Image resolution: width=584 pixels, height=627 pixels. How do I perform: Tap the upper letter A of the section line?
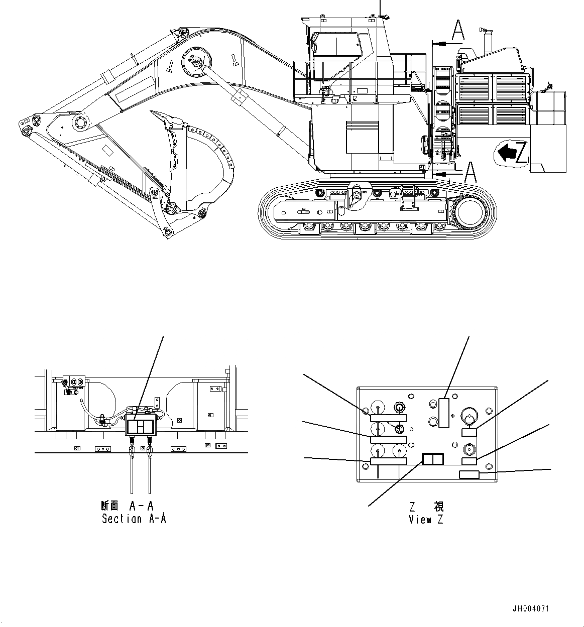click(458, 30)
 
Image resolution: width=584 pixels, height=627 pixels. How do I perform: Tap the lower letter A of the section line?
click(470, 172)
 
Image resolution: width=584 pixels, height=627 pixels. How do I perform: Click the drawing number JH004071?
click(531, 608)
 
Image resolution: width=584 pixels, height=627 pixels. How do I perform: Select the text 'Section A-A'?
click(134, 519)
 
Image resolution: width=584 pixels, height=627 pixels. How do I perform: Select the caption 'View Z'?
click(426, 520)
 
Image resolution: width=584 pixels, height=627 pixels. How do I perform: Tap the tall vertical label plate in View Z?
click(443, 413)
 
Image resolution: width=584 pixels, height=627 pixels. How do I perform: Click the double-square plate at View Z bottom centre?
click(432, 459)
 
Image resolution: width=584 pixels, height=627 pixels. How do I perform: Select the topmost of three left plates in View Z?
click(388, 418)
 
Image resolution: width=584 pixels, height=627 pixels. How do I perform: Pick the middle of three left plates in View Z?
click(388, 439)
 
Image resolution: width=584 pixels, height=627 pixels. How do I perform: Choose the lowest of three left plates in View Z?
click(388, 461)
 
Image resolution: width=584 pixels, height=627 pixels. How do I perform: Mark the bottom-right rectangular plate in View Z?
click(469, 475)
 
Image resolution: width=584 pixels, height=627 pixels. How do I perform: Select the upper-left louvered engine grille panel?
click(475, 88)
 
